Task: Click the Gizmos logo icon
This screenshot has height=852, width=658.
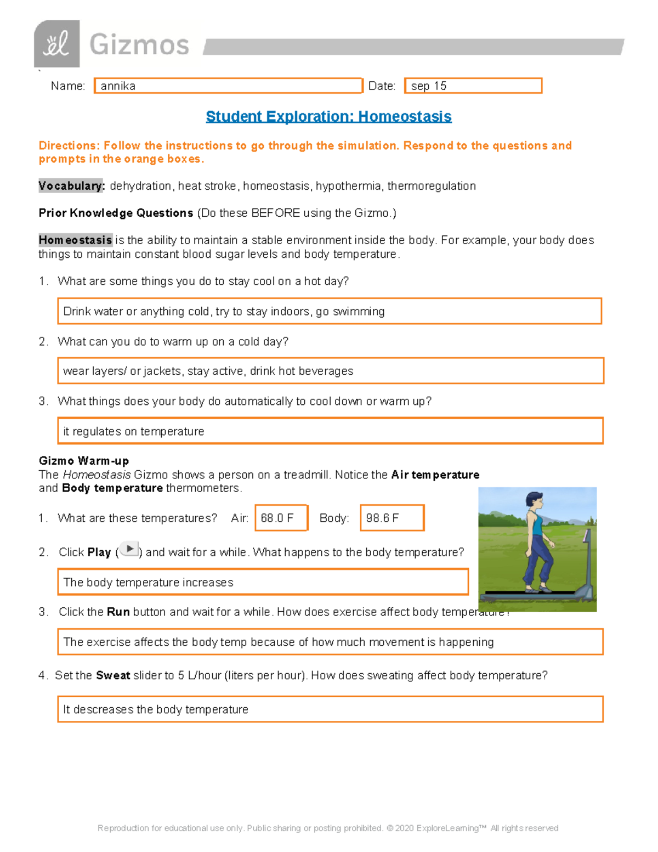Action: (x=57, y=44)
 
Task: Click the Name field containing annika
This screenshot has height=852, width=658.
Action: (x=228, y=86)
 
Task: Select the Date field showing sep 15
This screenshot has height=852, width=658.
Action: (x=473, y=86)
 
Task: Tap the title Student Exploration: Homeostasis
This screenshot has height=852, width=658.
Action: (x=328, y=116)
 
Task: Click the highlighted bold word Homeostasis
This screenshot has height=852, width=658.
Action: (x=75, y=240)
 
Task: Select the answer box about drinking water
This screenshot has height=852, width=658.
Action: (x=329, y=311)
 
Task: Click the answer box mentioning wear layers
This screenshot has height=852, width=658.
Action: (x=330, y=371)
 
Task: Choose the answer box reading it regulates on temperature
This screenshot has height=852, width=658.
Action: (x=330, y=431)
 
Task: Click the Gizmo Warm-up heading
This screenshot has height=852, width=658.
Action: (x=84, y=461)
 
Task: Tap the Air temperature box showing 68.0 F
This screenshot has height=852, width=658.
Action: (x=281, y=518)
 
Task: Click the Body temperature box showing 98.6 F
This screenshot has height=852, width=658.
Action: (x=392, y=518)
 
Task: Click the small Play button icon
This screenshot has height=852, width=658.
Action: (x=129, y=549)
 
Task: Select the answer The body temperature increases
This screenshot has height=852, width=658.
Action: (x=263, y=582)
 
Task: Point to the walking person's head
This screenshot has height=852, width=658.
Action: (x=535, y=500)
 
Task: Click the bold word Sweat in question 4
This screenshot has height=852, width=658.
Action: (x=113, y=675)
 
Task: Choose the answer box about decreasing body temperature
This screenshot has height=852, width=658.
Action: (x=330, y=709)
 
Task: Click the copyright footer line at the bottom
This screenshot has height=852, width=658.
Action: (x=328, y=828)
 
